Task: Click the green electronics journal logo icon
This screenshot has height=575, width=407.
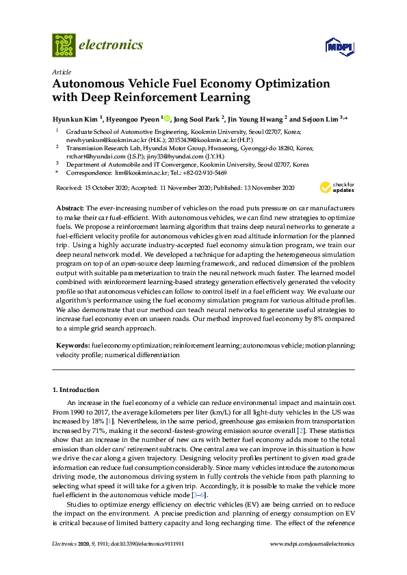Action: (x=64, y=45)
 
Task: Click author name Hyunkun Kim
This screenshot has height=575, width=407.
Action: (x=75, y=117)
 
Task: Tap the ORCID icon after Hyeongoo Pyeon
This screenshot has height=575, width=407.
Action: (x=167, y=117)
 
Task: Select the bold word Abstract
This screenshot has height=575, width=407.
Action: (x=69, y=206)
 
